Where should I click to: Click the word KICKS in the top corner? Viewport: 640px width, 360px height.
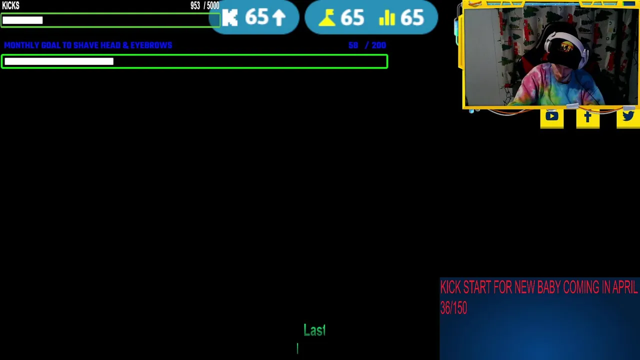[x=11, y=5]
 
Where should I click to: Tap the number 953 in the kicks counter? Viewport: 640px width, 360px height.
[x=195, y=5]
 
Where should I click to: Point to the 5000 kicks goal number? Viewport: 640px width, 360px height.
[x=213, y=5]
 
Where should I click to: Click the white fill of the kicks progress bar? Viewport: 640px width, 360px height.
[x=22, y=20]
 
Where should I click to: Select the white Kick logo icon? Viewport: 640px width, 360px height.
[x=230, y=17]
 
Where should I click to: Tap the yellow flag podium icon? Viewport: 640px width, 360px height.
[x=327, y=18]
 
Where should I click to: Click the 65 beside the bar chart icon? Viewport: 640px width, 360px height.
[x=412, y=17]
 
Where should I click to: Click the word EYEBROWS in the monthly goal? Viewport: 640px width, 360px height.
[x=151, y=45]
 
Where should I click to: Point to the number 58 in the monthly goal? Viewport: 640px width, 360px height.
[x=353, y=45]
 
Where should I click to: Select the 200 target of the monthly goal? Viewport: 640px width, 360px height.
[x=379, y=45]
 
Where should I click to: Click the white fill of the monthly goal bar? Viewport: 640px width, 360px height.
[x=59, y=61]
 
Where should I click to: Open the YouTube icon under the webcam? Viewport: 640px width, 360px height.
[x=551, y=116]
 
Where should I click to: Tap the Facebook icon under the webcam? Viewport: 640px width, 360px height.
[x=587, y=117]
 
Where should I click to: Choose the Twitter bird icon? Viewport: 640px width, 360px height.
[x=628, y=116]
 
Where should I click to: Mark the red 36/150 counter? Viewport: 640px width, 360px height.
[x=453, y=308]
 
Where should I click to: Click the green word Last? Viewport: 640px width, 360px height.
[x=314, y=330]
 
